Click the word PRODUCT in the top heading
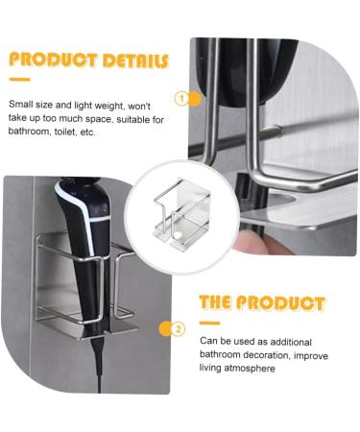click(53, 60)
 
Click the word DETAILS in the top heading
click(135, 60)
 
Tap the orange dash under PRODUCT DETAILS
click(19, 80)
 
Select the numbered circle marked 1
click(181, 99)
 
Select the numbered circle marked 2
click(178, 329)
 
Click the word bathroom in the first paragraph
click(28, 132)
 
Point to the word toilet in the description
click(65, 132)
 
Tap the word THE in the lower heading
click(215, 302)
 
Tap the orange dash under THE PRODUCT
click(209, 324)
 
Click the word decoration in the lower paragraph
click(267, 355)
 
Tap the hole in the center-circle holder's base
click(179, 235)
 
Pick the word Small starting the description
click(21, 105)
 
